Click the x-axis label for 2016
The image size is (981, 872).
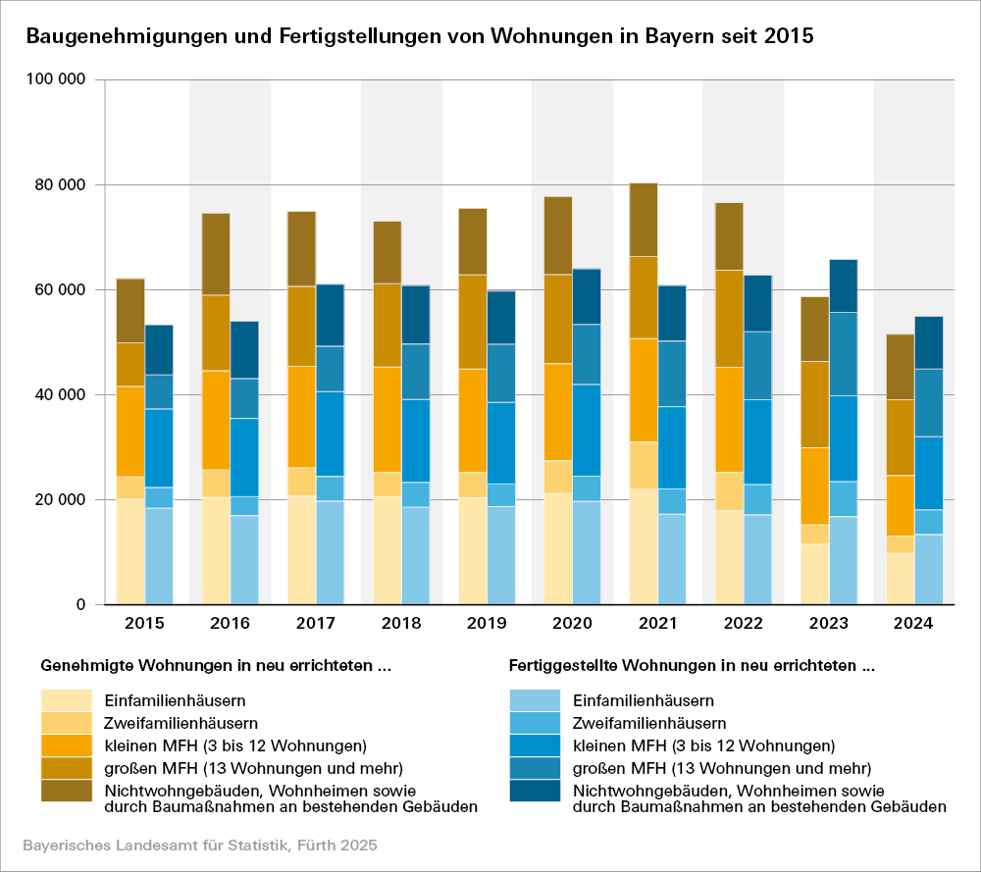[230, 624]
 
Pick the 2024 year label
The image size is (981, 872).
[913, 624]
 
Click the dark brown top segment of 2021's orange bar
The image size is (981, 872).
[644, 220]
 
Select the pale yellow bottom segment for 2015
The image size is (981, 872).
[130, 551]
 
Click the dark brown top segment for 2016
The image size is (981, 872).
[216, 254]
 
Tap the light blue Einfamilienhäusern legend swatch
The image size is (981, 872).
[535, 700]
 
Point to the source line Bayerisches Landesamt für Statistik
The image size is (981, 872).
[200, 845]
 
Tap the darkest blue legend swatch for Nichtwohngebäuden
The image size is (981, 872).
[535, 790]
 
